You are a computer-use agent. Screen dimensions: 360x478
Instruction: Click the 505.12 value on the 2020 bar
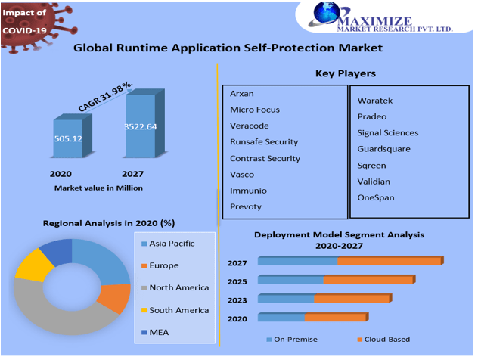click(67, 139)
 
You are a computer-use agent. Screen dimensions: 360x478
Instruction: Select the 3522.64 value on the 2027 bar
click(141, 126)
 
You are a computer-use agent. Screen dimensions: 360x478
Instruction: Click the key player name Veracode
click(250, 126)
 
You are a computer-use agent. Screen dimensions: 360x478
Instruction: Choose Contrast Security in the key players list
click(265, 158)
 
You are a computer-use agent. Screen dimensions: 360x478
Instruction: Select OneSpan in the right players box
click(376, 198)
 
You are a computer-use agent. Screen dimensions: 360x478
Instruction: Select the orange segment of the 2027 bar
click(389, 261)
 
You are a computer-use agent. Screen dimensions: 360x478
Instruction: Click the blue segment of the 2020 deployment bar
click(281, 318)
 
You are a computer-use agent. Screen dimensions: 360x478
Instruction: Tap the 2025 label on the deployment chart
click(237, 281)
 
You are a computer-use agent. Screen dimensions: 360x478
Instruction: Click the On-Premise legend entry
click(296, 340)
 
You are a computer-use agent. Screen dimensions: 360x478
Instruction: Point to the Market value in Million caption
click(98, 188)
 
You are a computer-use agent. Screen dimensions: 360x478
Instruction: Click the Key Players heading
click(345, 73)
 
